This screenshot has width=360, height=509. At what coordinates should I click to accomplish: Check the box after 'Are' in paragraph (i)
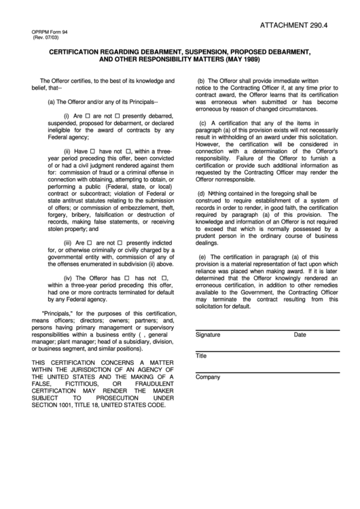[88, 116]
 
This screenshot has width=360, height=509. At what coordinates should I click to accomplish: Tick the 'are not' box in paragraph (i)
[118, 116]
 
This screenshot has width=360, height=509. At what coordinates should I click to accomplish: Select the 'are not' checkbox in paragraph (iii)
[120, 243]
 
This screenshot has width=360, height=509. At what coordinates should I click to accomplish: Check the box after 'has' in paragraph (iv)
[127, 278]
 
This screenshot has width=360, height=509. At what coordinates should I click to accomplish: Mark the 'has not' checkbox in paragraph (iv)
[163, 278]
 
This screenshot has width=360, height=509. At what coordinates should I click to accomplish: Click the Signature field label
[208, 335]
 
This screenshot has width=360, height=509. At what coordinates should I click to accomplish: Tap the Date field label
[300, 335]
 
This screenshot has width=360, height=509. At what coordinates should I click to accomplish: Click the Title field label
[201, 356]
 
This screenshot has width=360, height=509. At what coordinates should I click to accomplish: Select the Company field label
[207, 376]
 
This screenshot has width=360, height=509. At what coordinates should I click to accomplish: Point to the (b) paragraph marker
[202, 81]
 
